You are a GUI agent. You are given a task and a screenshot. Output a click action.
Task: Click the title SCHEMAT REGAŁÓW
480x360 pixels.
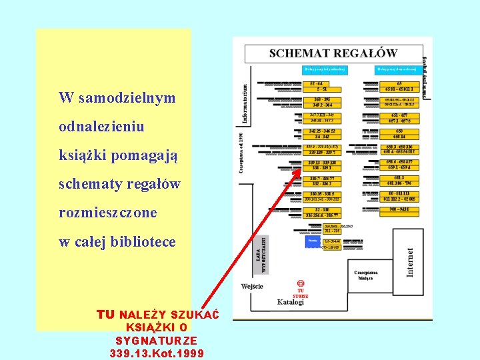pyautogui.click(x=333, y=53)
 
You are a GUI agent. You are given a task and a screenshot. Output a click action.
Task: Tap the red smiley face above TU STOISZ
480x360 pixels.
pyautogui.click(x=301, y=284)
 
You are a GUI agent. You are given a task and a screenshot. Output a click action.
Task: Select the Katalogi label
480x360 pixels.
pyautogui.click(x=290, y=302)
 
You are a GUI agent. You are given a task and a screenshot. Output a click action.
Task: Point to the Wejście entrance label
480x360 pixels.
pyautogui.click(x=252, y=286)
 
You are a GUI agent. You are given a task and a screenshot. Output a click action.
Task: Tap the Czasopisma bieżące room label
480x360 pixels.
pyautogui.click(x=367, y=275)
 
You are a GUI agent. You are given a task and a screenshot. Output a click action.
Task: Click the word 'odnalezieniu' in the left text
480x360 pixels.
pyautogui.click(x=101, y=126)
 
